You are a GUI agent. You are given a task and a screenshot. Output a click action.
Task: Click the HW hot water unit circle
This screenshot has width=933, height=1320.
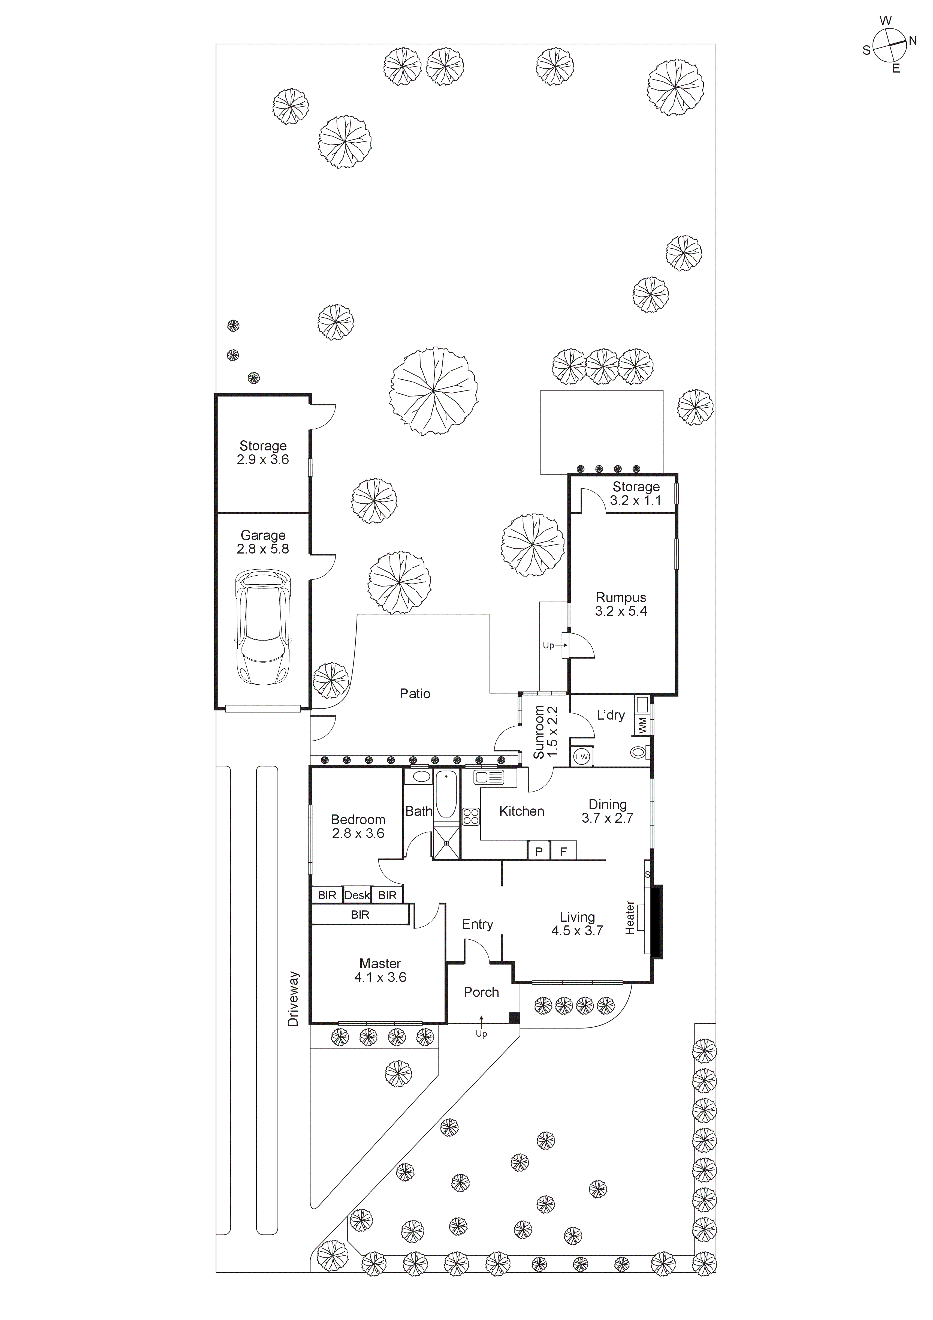tap(582, 757)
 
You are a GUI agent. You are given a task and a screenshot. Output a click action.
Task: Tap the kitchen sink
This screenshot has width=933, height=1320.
tap(489, 778)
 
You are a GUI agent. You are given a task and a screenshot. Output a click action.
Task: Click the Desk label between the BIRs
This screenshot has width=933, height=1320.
tap(357, 895)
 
